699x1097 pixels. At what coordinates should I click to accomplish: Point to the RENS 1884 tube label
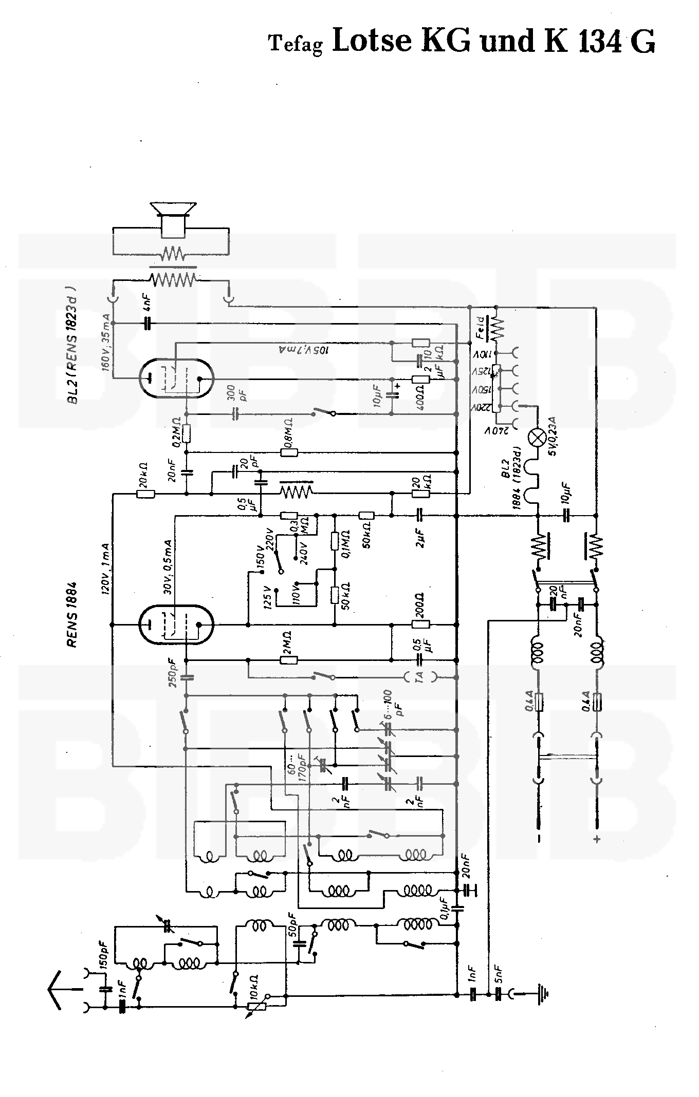coord(72,614)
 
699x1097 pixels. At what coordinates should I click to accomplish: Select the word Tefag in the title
coord(296,44)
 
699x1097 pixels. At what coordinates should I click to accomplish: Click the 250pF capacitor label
coord(173,672)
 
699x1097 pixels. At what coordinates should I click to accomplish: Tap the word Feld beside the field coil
coord(479,327)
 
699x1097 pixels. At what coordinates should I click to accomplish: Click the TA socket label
coord(420,678)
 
